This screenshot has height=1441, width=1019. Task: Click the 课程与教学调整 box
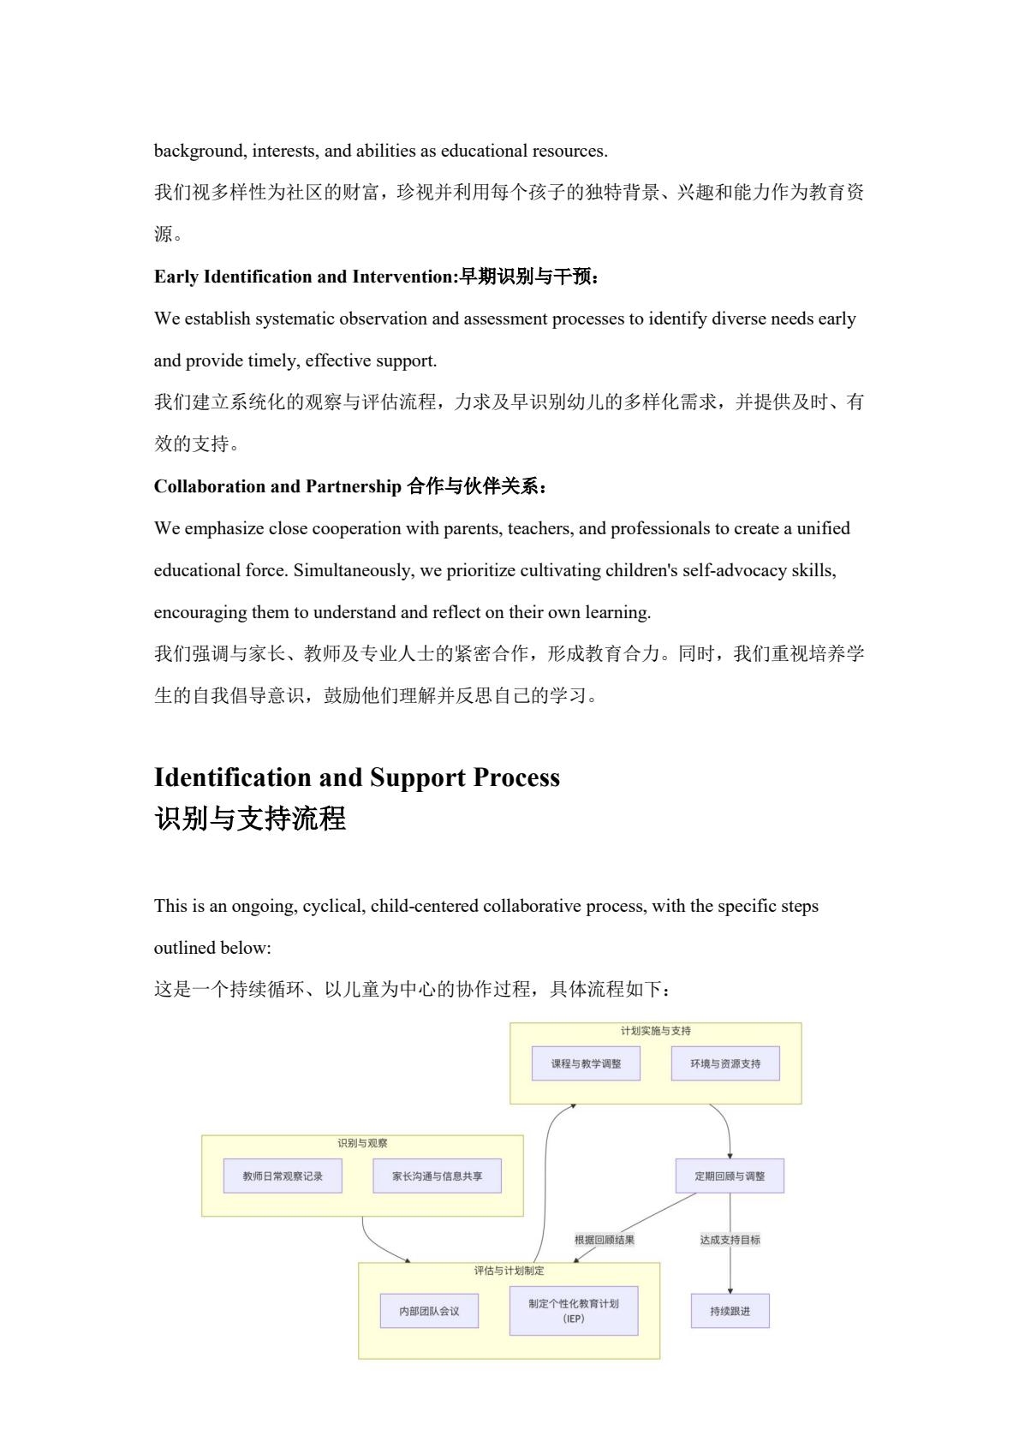(x=586, y=1063)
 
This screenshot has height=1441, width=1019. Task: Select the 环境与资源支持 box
(x=725, y=1063)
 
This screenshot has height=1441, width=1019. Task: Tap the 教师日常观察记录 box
(x=283, y=1176)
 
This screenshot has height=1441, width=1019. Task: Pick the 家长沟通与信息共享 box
(x=437, y=1176)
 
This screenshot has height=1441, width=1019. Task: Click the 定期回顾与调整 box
(x=730, y=1176)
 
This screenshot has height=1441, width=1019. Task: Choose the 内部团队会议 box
(x=429, y=1311)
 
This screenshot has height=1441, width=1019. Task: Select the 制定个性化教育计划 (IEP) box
(x=574, y=1311)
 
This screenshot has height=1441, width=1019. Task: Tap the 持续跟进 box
(x=730, y=1311)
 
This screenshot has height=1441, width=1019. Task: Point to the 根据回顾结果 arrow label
(x=605, y=1239)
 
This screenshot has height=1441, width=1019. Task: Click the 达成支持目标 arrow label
(x=730, y=1239)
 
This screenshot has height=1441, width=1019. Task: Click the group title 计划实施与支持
(x=656, y=1031)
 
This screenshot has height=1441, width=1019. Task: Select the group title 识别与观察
(x=362, y=1143)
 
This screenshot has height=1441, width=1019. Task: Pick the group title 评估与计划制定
(x=509, y=1271)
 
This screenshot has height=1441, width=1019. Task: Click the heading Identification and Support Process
(x=356, y=777)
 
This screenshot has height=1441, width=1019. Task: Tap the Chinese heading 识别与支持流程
(x=250, y=819)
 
